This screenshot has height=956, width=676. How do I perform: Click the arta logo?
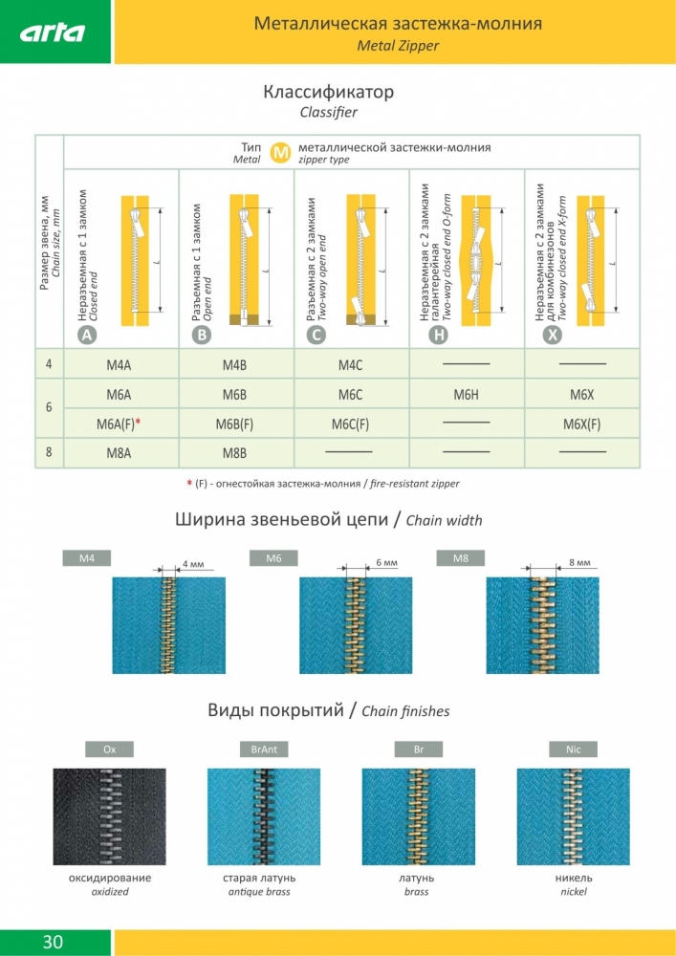coord(54,33)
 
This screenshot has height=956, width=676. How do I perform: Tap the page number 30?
coord(53,942)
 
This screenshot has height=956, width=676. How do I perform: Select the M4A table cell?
coord(120,365)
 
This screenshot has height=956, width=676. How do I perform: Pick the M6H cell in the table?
coord(466,395)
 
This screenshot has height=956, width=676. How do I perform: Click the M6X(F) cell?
coord(581,424)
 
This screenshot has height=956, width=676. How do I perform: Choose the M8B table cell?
coord(234,453)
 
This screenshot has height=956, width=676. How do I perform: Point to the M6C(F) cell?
coord(350,424)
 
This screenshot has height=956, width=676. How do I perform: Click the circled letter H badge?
coord(438,335)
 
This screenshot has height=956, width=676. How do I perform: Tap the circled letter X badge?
coord(553,335)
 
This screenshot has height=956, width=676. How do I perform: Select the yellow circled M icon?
coord(280,153)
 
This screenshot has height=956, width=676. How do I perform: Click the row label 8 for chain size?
coord(49,453)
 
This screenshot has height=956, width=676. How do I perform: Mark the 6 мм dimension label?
coord(385,562)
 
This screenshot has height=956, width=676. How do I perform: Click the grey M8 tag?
coord(460,557)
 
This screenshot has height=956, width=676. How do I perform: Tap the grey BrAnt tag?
coord(263,750)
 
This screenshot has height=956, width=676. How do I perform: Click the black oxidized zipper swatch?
coord(109,816)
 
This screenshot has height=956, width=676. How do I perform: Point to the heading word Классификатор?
coord(328,93)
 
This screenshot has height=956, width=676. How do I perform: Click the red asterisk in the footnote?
coord(189,483)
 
